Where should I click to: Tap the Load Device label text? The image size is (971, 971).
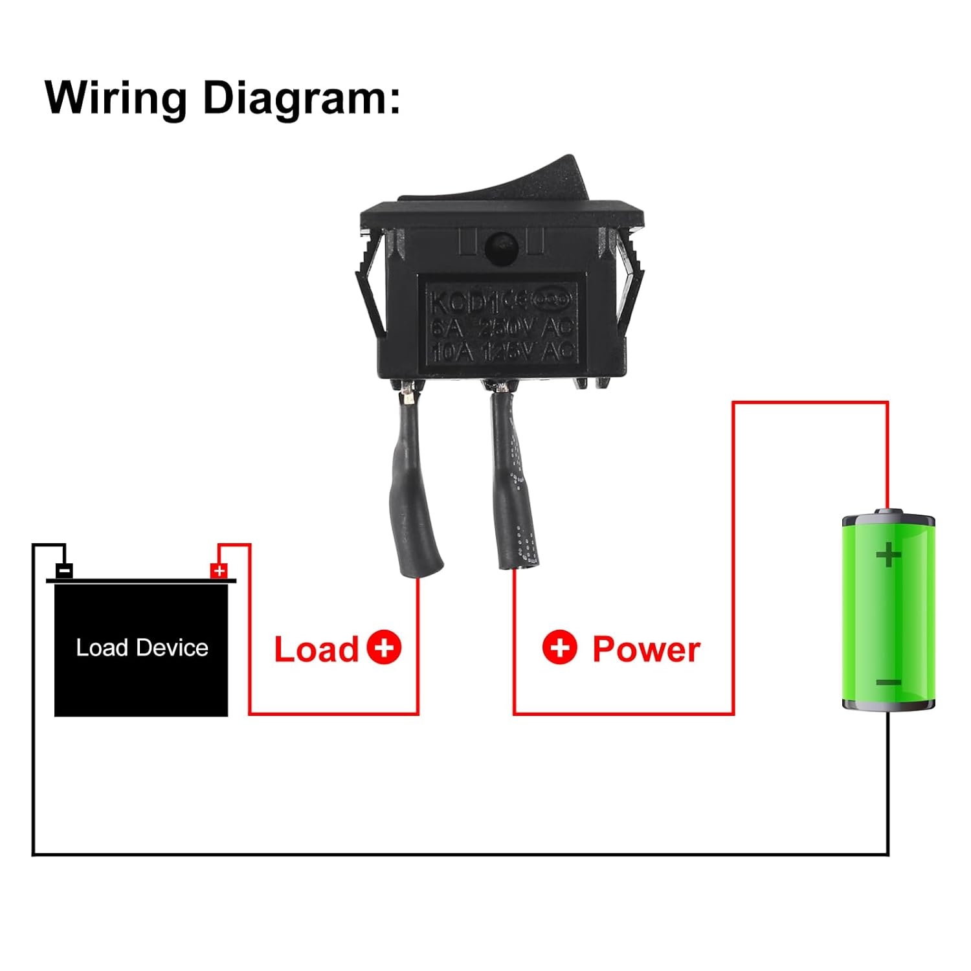coord(142,648)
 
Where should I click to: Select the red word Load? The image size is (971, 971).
coord(316,649)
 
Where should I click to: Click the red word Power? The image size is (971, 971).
coord(646,649)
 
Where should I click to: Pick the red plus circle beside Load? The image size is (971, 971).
coord(384,647)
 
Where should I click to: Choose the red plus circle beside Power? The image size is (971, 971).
coord(559,647)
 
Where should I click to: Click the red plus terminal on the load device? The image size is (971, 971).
coord(219,570)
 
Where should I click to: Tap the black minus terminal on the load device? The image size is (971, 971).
coord(64,570)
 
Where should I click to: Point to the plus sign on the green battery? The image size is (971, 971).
coord(888,555)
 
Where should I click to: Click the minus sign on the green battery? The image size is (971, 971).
coord(888,682)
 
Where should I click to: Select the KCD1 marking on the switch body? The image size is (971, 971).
coord(460,302)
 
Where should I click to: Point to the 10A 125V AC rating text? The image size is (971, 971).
coord(502,352)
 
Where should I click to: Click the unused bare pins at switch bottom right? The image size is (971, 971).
coord(591,383)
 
